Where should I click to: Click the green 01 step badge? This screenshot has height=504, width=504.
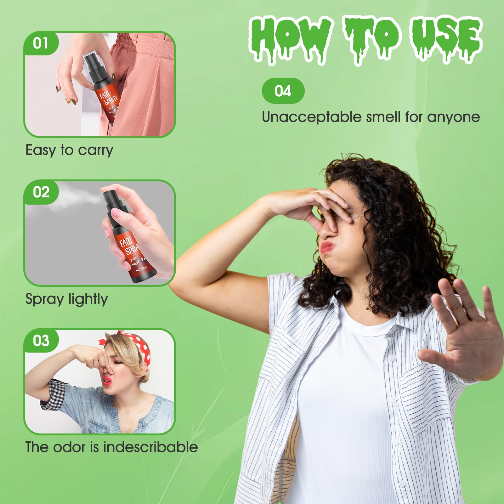tap(41, 43)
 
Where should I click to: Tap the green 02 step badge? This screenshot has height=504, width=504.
tap(41, 192)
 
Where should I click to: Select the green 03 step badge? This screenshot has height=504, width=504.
tap(41, 341)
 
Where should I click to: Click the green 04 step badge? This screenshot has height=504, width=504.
tap(283, 91)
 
